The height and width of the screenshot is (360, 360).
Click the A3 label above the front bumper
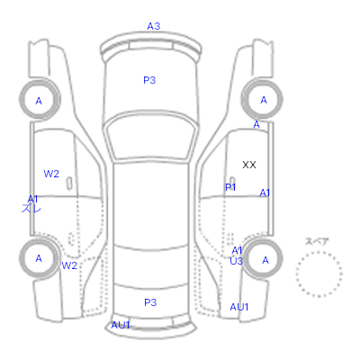(x=154, y=26)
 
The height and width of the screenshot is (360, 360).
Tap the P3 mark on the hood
(x=149, y=80)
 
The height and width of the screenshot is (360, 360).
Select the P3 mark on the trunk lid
(x=150, y=302)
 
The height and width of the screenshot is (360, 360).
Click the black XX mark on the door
(x=249, y=165)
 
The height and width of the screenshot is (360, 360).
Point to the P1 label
(x=230, y=187)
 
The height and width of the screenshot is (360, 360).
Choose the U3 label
(x=236, y=261)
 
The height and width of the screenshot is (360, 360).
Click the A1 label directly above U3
(x=237, y=250)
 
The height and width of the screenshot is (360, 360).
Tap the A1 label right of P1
(x=265, y=193)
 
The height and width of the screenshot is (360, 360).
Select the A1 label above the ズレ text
(x=32, y=199)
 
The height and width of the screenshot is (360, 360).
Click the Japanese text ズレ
(x=31, y=208)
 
